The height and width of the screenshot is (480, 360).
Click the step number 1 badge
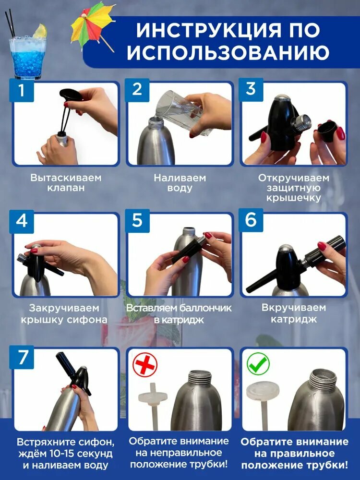click(21, 90)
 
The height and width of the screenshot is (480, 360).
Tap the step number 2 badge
click(137, 89)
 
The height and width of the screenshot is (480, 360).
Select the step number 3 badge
click(251, 89)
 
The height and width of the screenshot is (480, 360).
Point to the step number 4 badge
click(21, 221)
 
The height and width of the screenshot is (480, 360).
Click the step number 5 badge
click(137, 220)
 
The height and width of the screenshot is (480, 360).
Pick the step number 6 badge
click(251, 220)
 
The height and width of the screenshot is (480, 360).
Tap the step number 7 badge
click(22, 357)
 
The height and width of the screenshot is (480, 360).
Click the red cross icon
click(145, 365)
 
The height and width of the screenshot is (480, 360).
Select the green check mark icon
click(258, 364)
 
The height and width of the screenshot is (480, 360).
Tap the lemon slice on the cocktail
click(40, 31)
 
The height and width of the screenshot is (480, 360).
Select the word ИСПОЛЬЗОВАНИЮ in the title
click(228, 52)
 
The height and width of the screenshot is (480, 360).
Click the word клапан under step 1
click(66, 188)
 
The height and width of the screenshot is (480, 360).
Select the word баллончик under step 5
click(205, 308)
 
